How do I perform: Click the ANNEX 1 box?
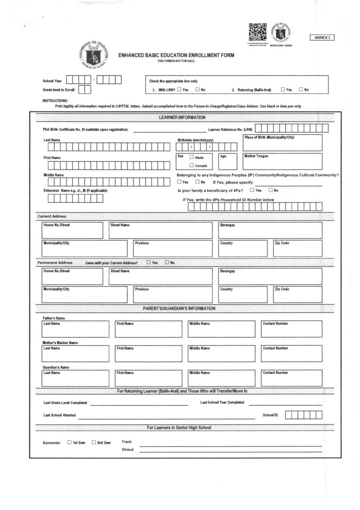coord(322,37)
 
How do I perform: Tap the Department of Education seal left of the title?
coord(93,55)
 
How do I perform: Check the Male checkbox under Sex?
coord(191,157)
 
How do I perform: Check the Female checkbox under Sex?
coord(191,165)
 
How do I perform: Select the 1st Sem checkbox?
coord(69,442)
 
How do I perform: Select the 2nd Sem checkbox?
coord(94,442)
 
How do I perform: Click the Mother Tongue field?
coord(282,162)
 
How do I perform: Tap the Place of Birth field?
coord(282,143)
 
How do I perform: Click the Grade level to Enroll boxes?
coord(84,89)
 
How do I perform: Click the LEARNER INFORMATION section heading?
coord(182,117)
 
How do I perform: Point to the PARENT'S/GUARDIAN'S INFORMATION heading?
coord(179,309)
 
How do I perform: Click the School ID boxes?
coord(304,415)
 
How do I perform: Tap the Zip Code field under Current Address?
coord(298,249)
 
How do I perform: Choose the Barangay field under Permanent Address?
coord(270,276)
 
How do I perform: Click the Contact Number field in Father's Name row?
coord(291,329)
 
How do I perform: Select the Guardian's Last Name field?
coord(75,378)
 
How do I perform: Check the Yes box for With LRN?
coord(179,89)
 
